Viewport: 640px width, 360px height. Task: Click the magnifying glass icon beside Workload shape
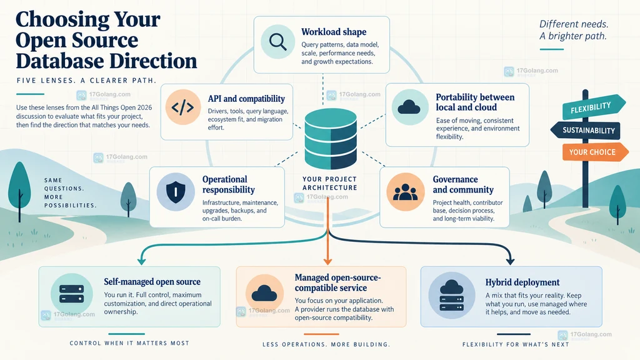click(277, 42)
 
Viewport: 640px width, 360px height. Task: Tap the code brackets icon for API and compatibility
click(182, 107)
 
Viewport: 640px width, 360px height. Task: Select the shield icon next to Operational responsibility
click(176, 191)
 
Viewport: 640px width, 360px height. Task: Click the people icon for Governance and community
click(405, 192)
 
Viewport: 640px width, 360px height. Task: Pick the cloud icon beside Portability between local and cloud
click(409, 107)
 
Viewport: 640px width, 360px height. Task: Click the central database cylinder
click(331, 138)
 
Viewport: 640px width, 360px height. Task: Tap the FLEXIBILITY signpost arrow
click(594, 107)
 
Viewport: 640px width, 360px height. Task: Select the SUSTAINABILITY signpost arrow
click(585, 131)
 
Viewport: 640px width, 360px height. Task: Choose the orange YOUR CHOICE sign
click(596, 152)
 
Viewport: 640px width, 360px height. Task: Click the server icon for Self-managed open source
click(71, 294)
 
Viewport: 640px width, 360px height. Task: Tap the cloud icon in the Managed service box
click(264, 292)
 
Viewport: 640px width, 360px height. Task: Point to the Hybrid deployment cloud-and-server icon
click(451, 295)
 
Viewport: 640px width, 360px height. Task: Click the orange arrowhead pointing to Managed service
click(327, 261)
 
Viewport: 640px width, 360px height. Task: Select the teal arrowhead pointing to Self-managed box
click(142, 261)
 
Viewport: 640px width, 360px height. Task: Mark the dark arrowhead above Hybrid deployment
click(510, 261)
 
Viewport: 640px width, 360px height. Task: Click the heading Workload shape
click(334, 32)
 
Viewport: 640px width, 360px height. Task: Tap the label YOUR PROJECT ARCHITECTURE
click(330, 183)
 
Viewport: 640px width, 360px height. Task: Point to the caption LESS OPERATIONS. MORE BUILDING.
click(326, 344)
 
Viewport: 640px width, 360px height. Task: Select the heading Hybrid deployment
click(522, 282)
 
